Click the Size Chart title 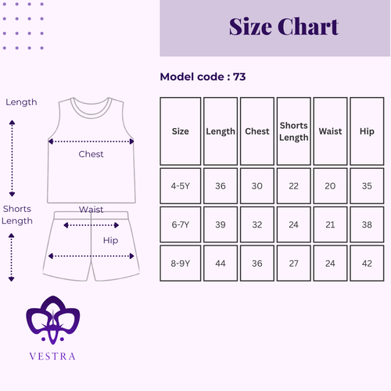point(284,27)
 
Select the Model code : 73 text point(203,77)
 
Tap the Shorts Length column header point(294,131)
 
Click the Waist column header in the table point(330,131)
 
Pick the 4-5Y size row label point(181,186)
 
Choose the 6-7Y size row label point(181,224)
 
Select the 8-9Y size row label point(181,264)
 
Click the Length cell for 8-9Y point(221,264)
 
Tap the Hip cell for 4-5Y point(367,186)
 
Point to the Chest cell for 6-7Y point(257,224)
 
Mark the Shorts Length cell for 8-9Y point(294,264)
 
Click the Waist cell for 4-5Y point(330,186)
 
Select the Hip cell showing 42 point(367,264)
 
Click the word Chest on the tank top point(91,154)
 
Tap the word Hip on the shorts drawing point(110,240)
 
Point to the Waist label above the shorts point(91,210)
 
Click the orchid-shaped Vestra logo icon point(53,320)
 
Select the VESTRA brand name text point(52,357)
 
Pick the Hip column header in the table point(367,131)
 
